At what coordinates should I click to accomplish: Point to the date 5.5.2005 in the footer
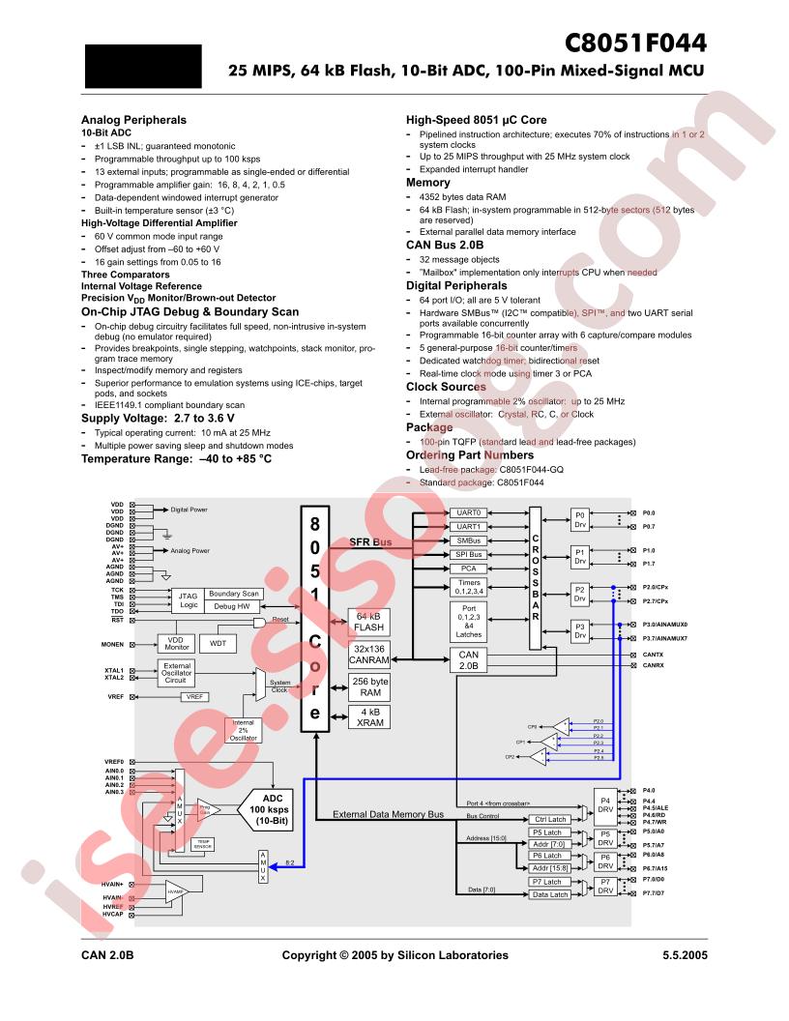point(682,955)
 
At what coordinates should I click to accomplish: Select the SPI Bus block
point(468,555)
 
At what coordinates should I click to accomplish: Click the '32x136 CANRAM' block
point(368,656)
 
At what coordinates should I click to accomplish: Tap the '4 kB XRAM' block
point(368,716)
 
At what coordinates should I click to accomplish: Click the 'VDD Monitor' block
point(176,643)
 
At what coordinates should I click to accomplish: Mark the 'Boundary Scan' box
point(233,594)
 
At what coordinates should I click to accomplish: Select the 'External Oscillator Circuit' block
point(177,673)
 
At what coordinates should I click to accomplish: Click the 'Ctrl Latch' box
point(550,819)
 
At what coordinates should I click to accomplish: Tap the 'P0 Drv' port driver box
point(580,519)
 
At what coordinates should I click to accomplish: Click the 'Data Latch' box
point(550,894)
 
